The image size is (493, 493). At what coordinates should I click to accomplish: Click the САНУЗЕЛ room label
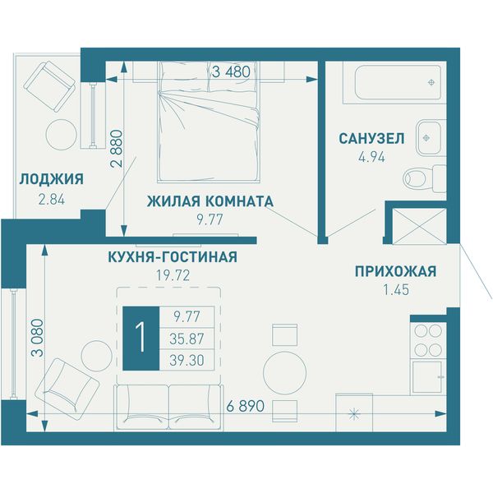point(371,139)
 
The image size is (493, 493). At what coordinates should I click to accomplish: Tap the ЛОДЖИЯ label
point(52,179)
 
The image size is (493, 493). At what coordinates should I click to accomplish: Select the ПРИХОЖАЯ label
point(396,271)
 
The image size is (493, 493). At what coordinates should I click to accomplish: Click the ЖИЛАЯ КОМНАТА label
point(210,201)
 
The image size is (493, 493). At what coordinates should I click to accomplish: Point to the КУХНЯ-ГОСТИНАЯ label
point(173,257)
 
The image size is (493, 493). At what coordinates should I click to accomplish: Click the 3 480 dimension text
point(231,71)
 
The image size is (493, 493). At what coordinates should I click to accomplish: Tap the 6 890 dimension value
point(245,406)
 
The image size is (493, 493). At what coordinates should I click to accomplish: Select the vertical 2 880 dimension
point(117,148)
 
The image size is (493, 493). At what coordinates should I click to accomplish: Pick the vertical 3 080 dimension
point(38,338)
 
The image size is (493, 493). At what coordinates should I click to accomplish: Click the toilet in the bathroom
point(425,178)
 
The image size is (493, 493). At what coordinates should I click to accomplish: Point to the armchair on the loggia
point(49,86)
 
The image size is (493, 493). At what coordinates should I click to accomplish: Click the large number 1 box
point(141,339)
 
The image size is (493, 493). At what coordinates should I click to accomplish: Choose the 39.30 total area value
point(187,361)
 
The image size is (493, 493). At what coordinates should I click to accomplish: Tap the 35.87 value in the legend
point(187,339)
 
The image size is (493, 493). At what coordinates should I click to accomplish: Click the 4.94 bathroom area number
point(371,157)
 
